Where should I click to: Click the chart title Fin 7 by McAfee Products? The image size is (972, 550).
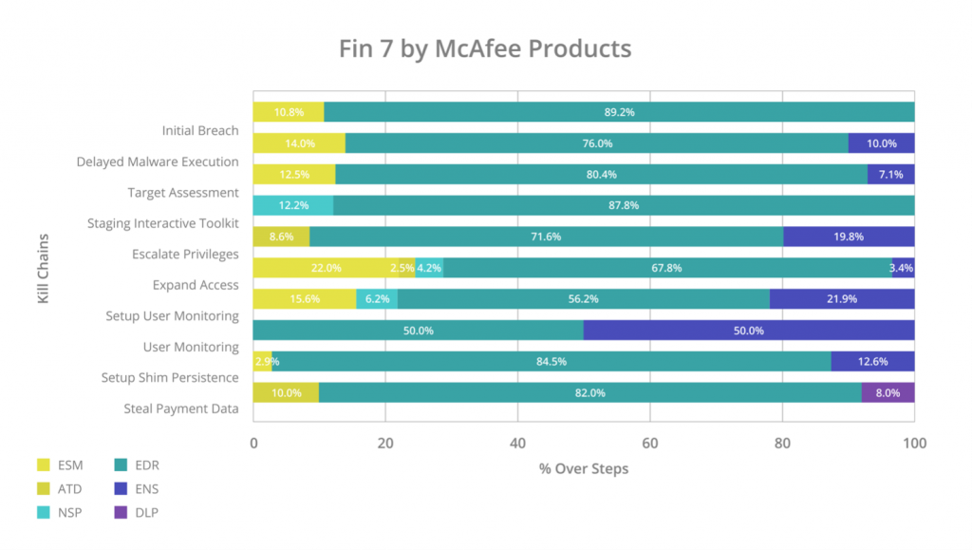[x=485, y=48]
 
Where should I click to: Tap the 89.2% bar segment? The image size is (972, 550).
[x=619, y=112]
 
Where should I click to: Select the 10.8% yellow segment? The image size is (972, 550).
[x=289, y=112]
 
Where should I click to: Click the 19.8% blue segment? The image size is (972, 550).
[x=849, y=237]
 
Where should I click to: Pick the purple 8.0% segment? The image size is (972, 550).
[x=888, y=392]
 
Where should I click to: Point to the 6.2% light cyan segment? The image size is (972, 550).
[x=377, y=299]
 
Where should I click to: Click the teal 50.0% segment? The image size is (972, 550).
[x=419, y=331]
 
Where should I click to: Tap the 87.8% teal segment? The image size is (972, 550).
[x=623, y=205]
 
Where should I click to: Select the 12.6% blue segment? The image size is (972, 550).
[x=872, y=361]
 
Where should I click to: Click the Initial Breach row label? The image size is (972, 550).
[x=200, y=130]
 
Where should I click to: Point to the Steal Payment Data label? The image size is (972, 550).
[x=181, y=409]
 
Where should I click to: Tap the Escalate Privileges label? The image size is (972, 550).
[x=185, y=255]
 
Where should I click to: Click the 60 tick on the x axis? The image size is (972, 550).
[x=650, y=443]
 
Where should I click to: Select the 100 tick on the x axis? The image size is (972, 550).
[x=914, y=443]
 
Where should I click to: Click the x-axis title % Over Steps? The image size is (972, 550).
[x=584, y=469]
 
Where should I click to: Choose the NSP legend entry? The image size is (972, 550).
[x=70, y=513]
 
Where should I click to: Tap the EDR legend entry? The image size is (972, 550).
[x=146, y=465]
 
